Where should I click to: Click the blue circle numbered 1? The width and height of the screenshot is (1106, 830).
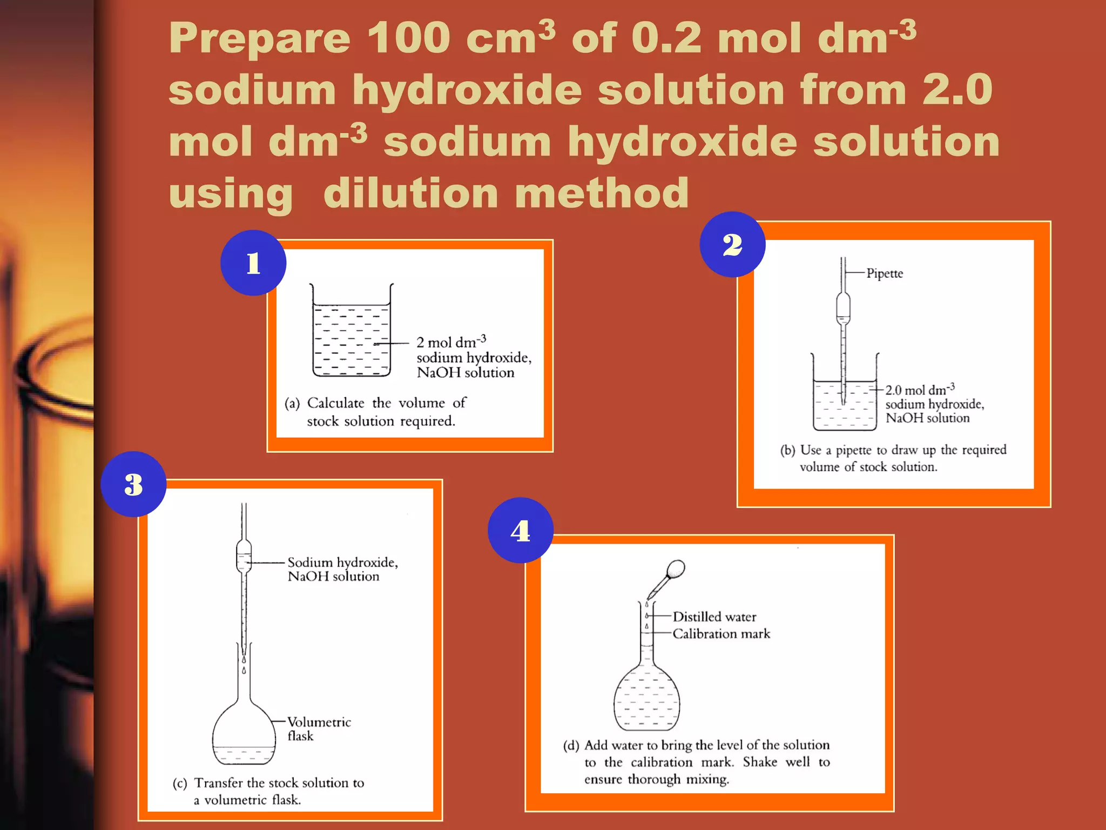tap(253, 263)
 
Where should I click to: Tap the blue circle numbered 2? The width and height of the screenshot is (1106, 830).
tap(732, 244)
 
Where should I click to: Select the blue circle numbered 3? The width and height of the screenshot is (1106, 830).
tap(133, 484)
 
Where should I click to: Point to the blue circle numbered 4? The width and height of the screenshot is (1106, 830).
tap(520, 530)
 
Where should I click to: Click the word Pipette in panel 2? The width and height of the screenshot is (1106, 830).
tap(884, 273)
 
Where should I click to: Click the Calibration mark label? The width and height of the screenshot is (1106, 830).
tap(721, 634)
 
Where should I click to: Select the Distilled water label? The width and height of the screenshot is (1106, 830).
tap(714, 617)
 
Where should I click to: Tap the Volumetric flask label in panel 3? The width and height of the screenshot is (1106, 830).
tap(318, 728)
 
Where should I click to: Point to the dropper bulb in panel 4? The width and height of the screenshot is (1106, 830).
tap(676, 569)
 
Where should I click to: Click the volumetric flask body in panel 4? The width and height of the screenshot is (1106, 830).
tap(646, 700)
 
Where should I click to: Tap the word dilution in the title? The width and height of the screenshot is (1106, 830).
tap(410, 193)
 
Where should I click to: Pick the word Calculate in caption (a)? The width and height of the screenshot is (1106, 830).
tap(335, 403)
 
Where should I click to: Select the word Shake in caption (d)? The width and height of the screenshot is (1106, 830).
tap(759, 762)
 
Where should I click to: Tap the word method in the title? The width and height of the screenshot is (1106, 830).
tap(602, 193)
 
